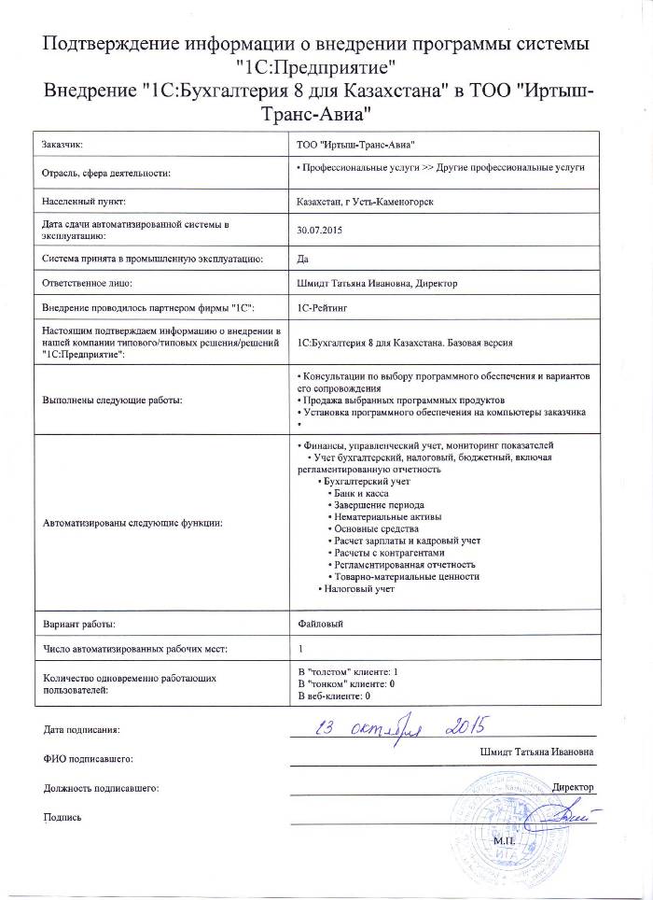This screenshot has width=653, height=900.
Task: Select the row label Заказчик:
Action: pos(64,144)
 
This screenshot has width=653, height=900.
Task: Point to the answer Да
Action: pos(301,258)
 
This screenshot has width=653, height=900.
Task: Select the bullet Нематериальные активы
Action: pos(388,515)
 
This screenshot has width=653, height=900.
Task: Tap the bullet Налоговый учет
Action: pos(360,589)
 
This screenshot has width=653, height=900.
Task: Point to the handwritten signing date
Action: pos(400,726)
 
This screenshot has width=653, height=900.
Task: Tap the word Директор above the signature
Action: pos(573,787)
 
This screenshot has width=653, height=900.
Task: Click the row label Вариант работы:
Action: pos(79,622)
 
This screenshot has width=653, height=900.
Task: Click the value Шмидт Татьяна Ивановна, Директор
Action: pos(376,282)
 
